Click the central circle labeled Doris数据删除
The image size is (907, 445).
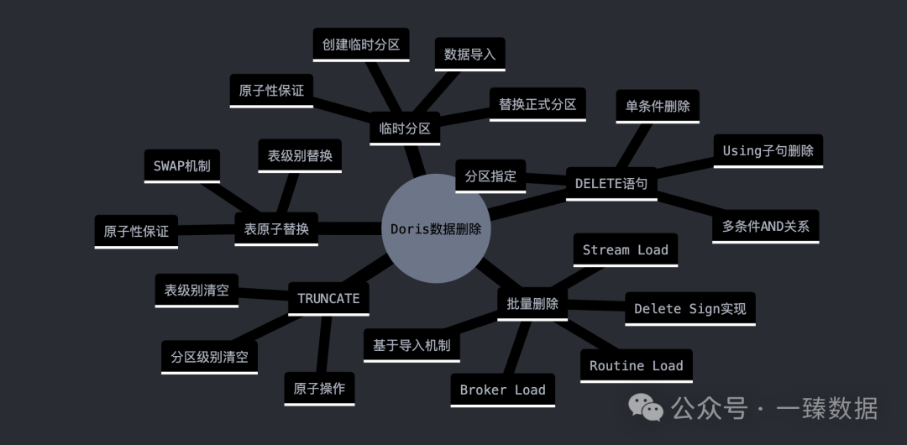[x=436, y=228]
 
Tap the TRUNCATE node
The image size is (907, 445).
[x=328, y=298]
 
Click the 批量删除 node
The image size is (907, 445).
[x=532, y=303]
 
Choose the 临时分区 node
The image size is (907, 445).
[x=405, y=128]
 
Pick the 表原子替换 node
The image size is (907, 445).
[x=276, y=228]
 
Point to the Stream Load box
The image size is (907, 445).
[x=626, y=249]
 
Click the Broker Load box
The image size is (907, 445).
[x=503, y=390]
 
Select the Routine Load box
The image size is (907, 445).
[x=637, y=365]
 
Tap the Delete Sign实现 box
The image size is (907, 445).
[x=690, y=308]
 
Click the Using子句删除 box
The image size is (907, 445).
[x=768, y=150]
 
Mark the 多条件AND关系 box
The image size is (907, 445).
[x=765, y=226]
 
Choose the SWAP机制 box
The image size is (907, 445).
[x=181, y=165]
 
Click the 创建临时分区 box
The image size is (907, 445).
[x=361, y=44]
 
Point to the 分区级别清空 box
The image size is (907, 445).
[x=209, y=357]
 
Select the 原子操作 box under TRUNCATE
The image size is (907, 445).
[x=319, y=389]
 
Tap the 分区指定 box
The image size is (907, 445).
[x=490, y=176]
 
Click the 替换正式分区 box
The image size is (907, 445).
[x=537, y=104]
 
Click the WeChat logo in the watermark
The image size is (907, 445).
[x=647, y=408]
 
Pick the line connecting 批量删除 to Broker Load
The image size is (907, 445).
[x=519, y=343]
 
